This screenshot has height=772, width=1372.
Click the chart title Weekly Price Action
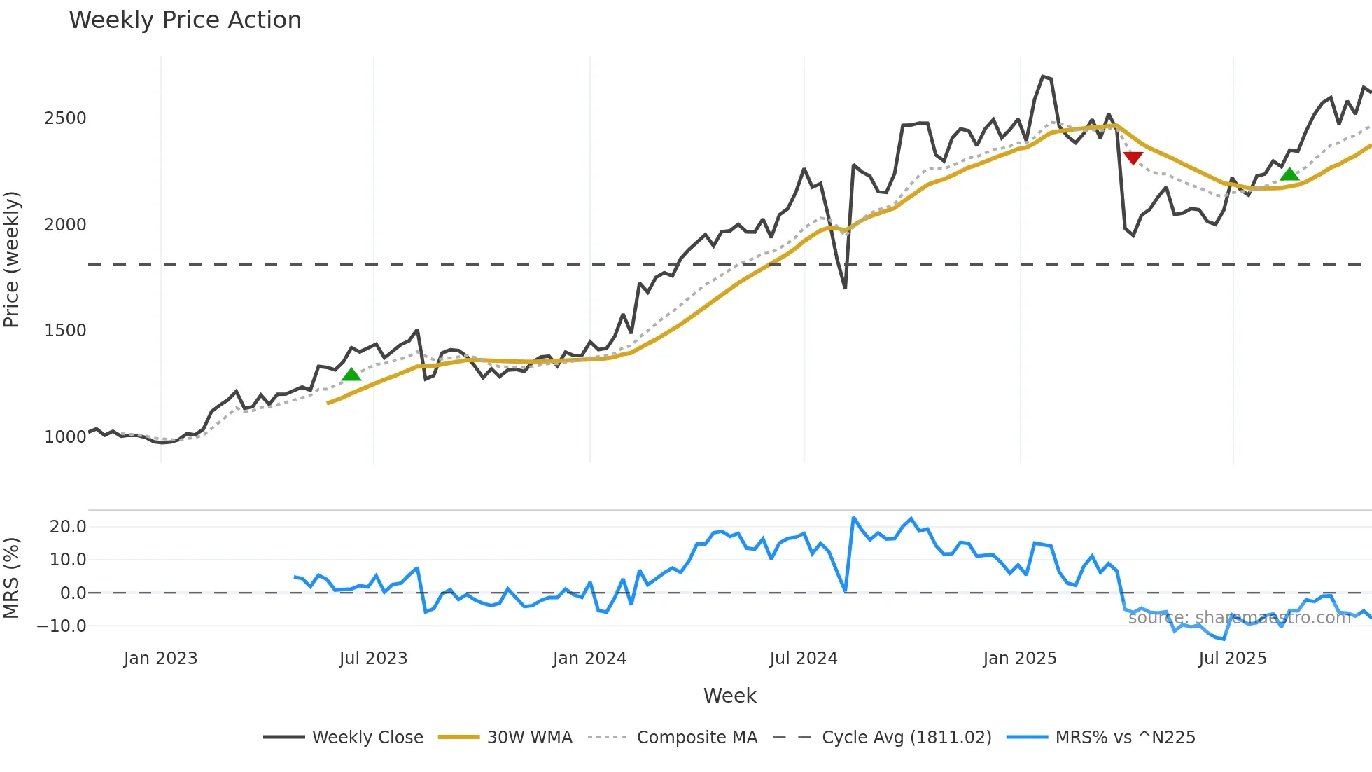coord(185,20)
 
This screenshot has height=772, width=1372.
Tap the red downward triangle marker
coord(1133,158)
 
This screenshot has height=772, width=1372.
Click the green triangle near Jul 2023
coord(351,375)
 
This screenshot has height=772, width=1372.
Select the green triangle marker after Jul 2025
coord(1289,174)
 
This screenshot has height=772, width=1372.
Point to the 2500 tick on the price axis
coord(65,118)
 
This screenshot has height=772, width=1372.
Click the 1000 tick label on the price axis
coord(65,437)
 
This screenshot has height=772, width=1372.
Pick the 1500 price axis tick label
coord(65,331)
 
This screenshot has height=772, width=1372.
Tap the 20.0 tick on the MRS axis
coord(68,527)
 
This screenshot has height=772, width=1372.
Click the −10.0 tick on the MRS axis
coord(62,626)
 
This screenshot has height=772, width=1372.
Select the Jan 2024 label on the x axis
coord(589,659)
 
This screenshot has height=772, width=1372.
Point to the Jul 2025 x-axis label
coord(1233,659)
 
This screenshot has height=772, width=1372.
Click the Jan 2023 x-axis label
coord(160,659)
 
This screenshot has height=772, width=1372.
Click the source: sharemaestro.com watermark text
coord(1239,618)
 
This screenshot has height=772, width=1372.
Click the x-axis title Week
coord(729,696)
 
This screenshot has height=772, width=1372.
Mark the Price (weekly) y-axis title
coord(12,259)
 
